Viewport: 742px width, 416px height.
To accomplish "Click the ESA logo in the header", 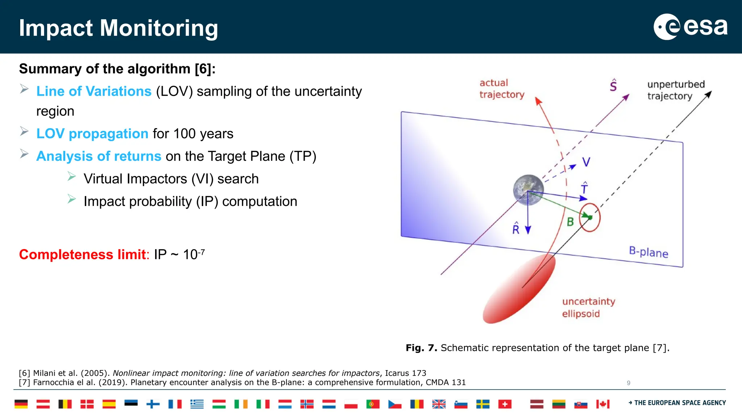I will pyautogui.click(x=690, y=27).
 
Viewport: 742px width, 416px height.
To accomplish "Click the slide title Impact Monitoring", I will pyautogui.click(x=118, y=28).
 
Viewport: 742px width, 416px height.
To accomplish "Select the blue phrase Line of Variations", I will pyautogui.click(x=94, y=91).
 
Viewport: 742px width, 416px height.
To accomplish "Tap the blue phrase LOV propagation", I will pyautogui.click(x=92, y=134).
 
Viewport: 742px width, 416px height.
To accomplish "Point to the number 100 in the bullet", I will pyautogui.click(x=184, y=134).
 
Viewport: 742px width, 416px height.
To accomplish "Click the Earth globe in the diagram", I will pyautogui.click(x=528, y=190).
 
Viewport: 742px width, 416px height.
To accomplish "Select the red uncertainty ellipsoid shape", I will pyautogui.click(x=519, y=290).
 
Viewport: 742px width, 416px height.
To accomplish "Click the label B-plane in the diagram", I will pyautogui.click(x=648, y=252).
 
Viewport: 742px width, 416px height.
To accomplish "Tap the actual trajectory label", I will pyautogui.click(x=501, y=89).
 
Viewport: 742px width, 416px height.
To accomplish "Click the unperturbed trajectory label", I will pyautogui.click(x=675, y=90).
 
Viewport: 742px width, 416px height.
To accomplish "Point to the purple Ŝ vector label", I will pyautogui.click(x=613, y=85).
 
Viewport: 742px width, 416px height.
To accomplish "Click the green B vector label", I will pyautogui.click(x=570, y=222).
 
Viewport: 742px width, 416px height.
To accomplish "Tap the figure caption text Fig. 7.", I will pyautogui.click(x=421, y=348).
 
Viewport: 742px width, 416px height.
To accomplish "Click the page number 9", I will pyautogui.click(x=629, y=383).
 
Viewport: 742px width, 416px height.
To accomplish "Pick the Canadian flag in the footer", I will pyautogui.click(x=603, y=404).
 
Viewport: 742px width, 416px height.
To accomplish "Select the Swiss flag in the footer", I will pyautogui.click(x=505, y=404).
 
